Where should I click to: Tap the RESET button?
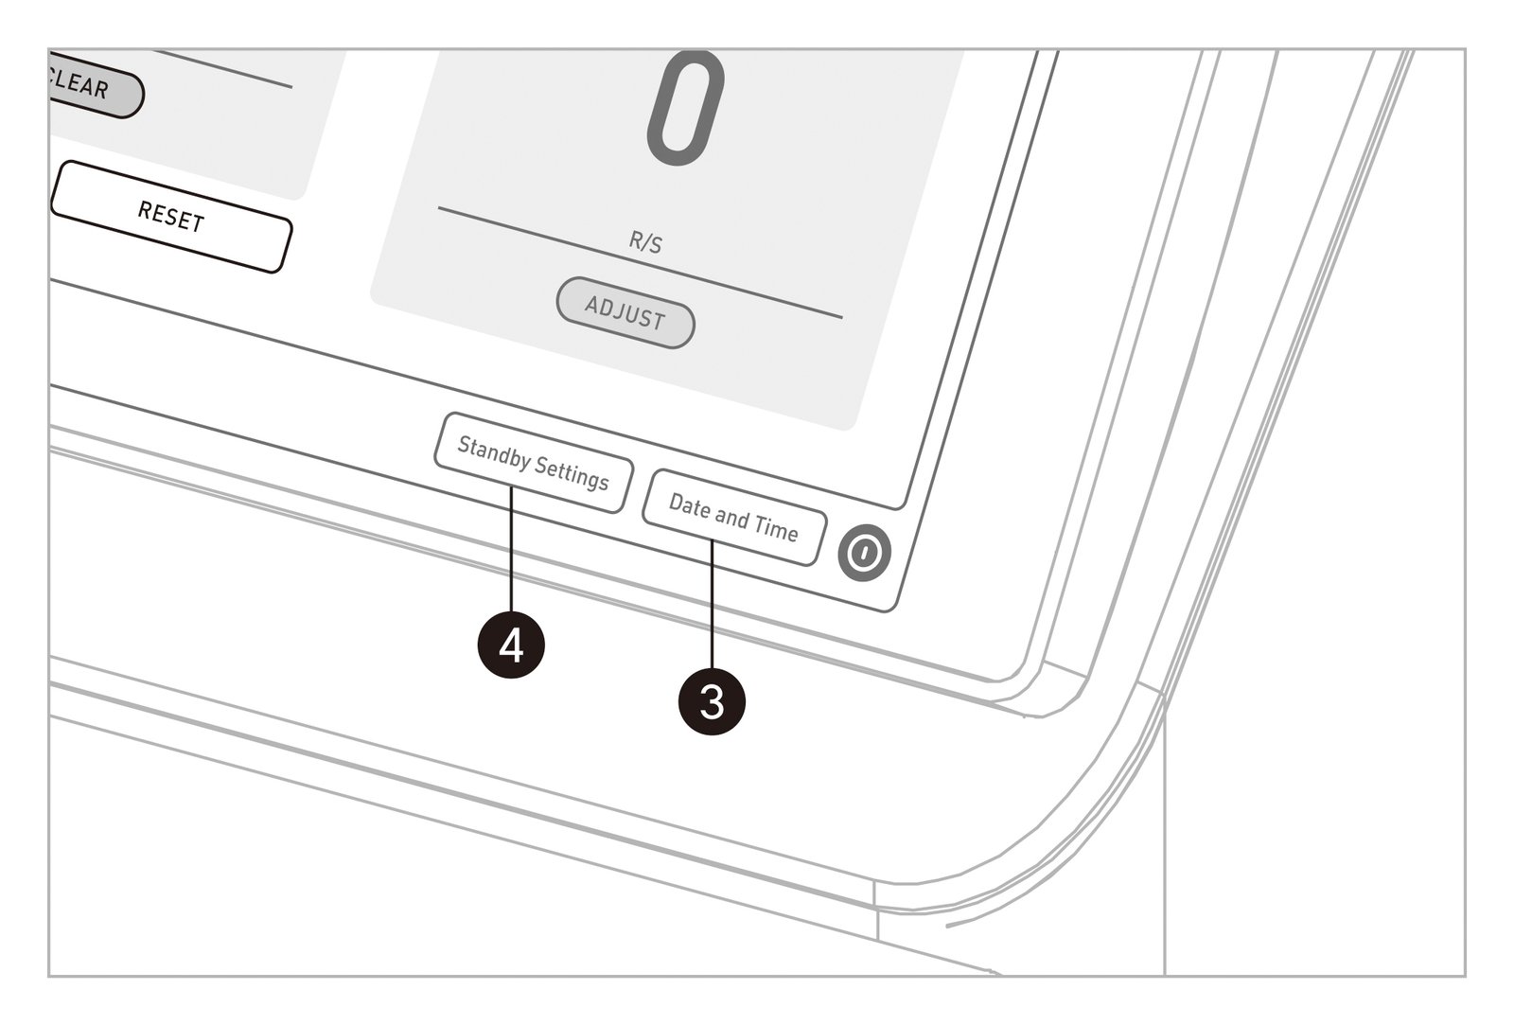[x=171, y=217]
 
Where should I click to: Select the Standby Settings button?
[x=534, y=463]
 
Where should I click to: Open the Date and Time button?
[x=734, y=518]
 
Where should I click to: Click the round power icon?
[x=865, y=553]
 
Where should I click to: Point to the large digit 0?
[x=685, y=108]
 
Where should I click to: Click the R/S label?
[x=645, y=241]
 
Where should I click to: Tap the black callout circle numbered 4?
[x=511, y=645]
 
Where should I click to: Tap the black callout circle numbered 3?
[x=712, y=701]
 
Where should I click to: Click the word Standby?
[x=494, y=451]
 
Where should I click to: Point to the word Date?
[x=690, y=505]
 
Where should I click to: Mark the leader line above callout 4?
[x=511, y=549]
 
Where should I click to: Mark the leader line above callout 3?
[x=712, y=605]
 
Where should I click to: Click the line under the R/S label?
[x=640, y=262]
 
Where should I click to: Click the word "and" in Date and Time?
[x=732, y=518]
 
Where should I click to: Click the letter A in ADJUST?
[x=592, y=305]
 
